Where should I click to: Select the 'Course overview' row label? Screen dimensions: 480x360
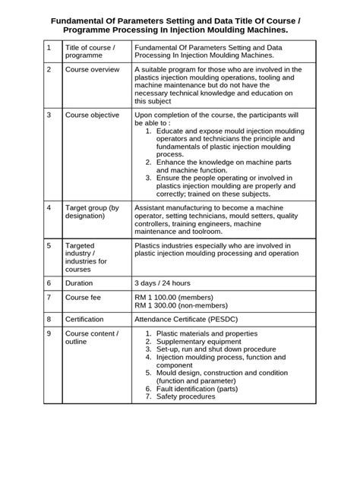92,70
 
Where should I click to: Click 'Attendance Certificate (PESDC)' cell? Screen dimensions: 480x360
195,319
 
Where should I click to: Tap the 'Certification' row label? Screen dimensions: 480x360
85,319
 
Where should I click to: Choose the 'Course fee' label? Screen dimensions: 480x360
84,297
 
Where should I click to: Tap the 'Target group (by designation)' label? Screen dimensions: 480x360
93,212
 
